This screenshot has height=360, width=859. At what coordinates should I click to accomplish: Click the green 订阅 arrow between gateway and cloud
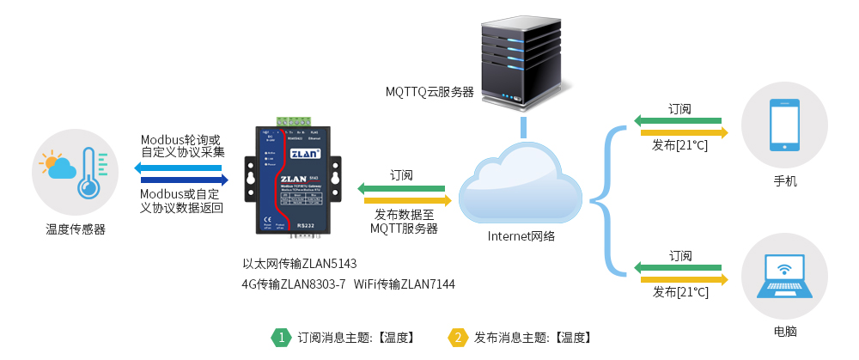click(402, 188)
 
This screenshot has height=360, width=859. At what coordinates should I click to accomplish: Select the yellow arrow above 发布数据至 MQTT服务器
click(402, 200)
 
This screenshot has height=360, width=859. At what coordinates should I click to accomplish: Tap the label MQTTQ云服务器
click(429, 91)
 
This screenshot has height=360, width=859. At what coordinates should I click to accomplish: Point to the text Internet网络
click(521, 236)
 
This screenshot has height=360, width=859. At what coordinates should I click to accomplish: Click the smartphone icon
click(784, 125)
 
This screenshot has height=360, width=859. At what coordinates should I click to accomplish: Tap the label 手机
click(785, 181)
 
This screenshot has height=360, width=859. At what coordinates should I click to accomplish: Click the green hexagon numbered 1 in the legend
click(281, 338)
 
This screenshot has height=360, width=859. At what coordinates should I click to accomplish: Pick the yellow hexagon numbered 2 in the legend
click(458, 338)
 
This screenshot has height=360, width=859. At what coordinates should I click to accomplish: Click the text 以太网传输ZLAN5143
click(299, 263)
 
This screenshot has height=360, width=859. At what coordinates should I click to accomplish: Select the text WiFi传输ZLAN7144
click(404, 284)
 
